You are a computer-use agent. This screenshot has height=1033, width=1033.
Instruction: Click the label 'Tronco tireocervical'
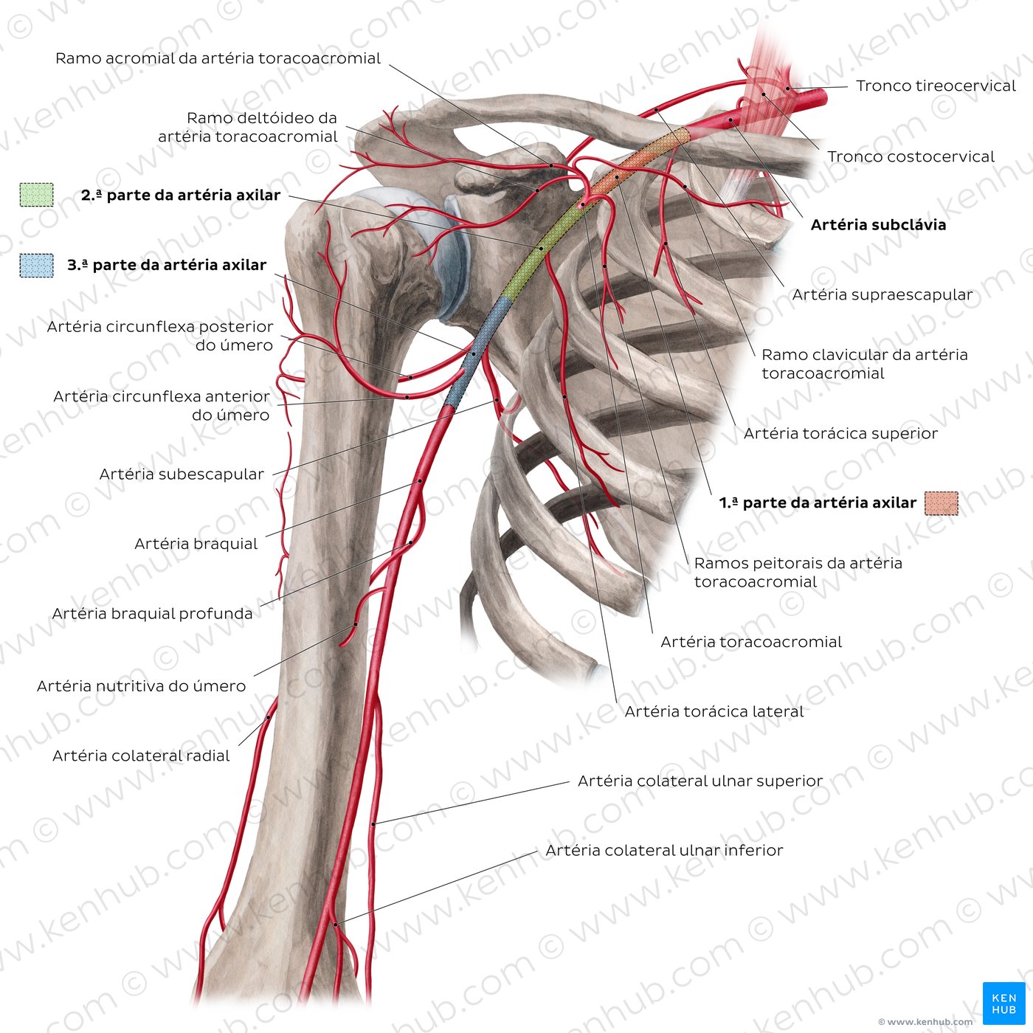[x=936, y=86]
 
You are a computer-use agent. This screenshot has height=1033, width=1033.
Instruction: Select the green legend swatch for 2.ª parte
[x=36, y=195]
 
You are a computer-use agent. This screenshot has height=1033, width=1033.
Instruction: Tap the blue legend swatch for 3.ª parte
[x=36, y=266]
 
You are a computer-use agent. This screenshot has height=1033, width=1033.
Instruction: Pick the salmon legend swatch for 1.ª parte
[x=942, y=502]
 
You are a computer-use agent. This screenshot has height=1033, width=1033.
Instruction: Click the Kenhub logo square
[x=1003, y=1003]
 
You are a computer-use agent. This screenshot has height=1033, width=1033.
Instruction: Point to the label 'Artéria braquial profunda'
[x=152, y=614]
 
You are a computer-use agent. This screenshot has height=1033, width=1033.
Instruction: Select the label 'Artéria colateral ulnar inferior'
[x=664, y=850]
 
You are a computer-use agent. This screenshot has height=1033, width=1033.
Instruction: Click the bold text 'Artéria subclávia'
[x=878, y=224]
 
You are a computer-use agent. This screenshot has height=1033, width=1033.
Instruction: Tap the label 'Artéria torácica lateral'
[x=714, y=711]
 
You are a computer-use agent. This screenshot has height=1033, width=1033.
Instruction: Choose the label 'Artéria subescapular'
[x=182, y=474]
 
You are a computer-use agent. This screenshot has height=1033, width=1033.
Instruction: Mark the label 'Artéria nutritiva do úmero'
[x=142, y=685]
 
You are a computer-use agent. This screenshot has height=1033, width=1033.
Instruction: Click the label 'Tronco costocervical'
[x=911, y=156]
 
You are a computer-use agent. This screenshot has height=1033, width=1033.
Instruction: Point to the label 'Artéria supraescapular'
[x=882, y=294]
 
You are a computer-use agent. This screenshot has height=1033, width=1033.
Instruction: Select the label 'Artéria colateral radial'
[x=141, y=756]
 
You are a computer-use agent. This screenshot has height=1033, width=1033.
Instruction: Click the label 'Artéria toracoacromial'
[x=751, y=642]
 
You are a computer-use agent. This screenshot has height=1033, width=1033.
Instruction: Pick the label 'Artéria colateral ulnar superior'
[x=700, y=781]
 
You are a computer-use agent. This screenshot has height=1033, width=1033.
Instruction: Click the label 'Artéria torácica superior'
[x=840, y=433]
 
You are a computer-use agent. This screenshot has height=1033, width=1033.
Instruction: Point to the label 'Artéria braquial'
[x=196, y=544]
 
